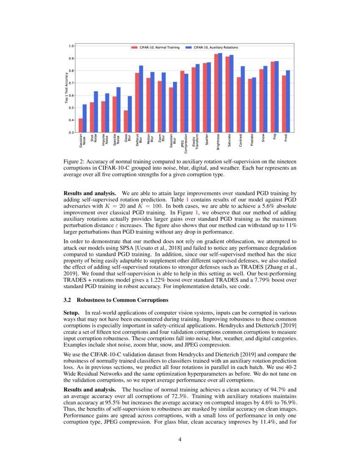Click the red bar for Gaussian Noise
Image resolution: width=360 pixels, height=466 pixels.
[81, 125]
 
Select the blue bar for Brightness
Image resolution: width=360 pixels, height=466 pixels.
[220, 93]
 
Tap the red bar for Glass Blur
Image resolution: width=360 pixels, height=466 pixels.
[126, 122]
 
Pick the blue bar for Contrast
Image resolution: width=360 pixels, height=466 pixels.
[242, 100]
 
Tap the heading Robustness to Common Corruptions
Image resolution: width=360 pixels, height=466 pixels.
[123, 300]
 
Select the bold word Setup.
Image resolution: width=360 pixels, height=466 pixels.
[72, 312]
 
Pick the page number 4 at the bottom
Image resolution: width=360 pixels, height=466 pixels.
[180, 439]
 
